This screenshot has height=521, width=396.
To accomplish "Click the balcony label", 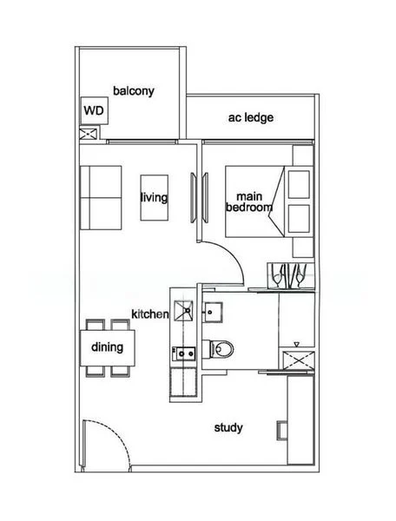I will [134, 90].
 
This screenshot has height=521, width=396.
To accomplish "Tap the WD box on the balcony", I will [92, 111].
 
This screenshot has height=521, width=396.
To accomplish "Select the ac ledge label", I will [247, 117].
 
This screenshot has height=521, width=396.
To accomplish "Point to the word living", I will [154, 197].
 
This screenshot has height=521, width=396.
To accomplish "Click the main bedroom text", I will [249, 202].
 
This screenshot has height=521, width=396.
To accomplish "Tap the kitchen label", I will [148, 313].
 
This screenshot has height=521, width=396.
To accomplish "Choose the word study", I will [228, 428].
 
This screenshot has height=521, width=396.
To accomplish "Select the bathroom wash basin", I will [213, 309].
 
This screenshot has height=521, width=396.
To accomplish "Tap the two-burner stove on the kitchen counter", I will [184, 353].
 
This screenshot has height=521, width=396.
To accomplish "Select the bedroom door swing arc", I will [228, 260].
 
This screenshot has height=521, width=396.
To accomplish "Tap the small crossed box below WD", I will [88, 135].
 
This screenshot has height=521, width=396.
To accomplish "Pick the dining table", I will [109, 347].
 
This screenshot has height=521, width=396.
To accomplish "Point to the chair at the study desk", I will [281, 429].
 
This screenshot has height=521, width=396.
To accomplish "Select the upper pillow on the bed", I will [299, 184].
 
